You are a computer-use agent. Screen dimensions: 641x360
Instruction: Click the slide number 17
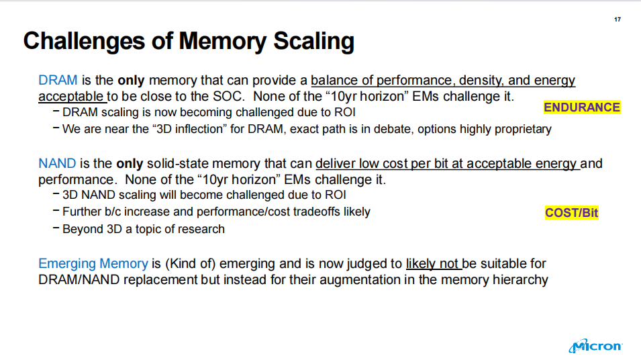[618, 19]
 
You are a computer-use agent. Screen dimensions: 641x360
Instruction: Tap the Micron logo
[595, 346]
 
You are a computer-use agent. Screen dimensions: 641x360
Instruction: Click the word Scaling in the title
[313, 42]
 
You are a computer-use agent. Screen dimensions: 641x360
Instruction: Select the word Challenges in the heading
[84, 42]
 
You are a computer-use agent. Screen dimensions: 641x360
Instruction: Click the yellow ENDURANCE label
[582, 107]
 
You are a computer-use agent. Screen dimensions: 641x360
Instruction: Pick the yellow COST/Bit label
[571, 213]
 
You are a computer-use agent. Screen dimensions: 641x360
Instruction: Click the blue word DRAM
[58, 80]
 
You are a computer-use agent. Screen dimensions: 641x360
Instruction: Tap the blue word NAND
[57, 164]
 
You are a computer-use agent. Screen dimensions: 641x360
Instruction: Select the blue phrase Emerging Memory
[93, 263]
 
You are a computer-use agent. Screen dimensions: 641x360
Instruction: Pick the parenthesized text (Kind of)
[190, 264]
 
